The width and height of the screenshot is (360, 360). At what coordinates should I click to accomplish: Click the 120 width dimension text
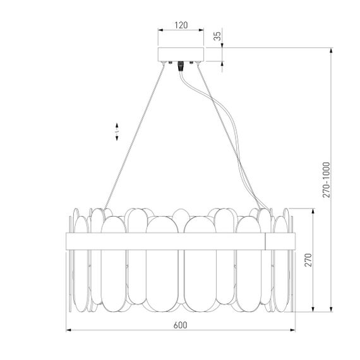point(180,25)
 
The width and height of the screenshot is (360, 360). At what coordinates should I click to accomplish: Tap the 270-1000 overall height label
point(326,179)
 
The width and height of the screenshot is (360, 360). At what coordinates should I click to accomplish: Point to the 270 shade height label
point(309,261)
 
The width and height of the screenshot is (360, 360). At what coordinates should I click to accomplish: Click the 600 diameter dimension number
point(180,325)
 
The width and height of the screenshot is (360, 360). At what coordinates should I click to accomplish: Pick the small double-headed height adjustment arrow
point(117,131)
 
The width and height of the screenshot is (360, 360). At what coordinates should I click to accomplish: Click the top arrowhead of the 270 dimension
point(314,211)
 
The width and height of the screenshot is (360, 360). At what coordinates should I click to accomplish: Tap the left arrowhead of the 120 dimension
point(159,30)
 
